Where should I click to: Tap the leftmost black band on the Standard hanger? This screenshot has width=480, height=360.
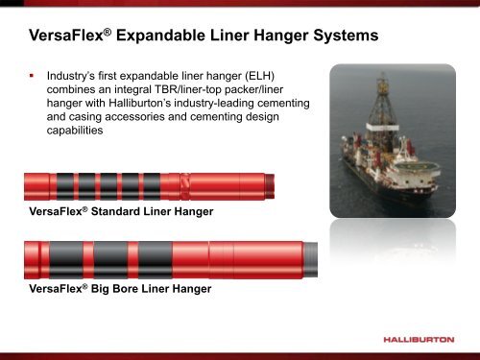tap(63, 185)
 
